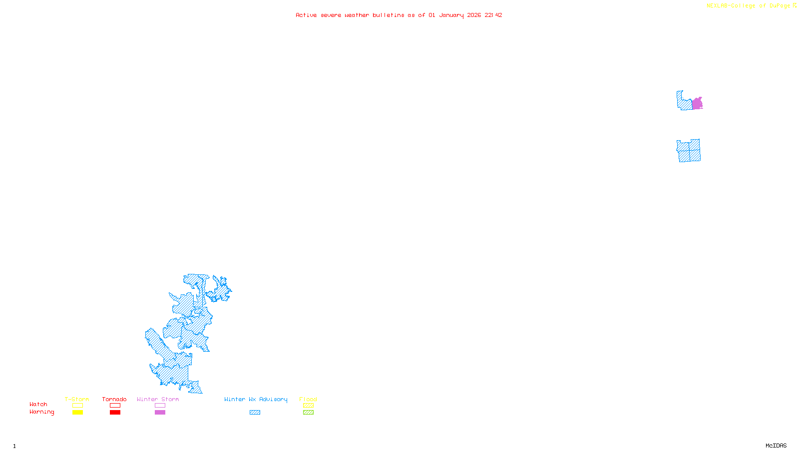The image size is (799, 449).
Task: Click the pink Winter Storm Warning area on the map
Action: click(x=697, y=104)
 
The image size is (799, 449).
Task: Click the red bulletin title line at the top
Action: click(x=399, y=15)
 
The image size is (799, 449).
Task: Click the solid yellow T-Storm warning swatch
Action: click(x=77, y=413)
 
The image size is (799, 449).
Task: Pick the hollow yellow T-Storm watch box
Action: click(x=77, y=406)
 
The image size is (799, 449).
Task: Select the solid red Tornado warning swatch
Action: click(x=115, y=413)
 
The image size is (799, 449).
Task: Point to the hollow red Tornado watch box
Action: click(x=115, y=406)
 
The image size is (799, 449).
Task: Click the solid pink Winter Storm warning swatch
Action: click(x=160, y=413)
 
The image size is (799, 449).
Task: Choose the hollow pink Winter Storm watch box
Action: click(x=160, y=406)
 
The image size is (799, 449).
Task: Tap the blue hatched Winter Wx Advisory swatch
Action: click(x=255, y=413)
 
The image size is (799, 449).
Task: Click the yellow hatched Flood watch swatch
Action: click(x=308, y=406)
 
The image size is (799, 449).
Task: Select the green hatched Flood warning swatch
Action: click(x=308, y=413)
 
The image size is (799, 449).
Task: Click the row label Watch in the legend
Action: click(x=38, y=404)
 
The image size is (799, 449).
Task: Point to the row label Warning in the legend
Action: click(x=41, y=412)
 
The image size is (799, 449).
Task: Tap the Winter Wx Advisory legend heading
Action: click(x=256, y=399)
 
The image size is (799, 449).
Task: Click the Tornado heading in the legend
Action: click(x=114, y=399)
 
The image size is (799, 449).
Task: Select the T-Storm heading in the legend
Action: click(x=77, y=399)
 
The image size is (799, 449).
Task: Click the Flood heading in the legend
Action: click(x=308, y=399)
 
